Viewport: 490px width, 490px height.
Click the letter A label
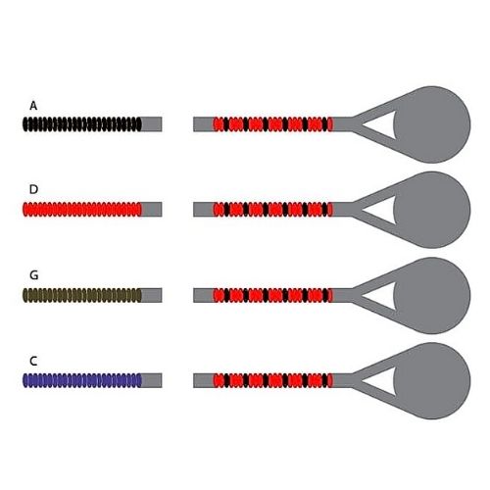click(x=33, y=106)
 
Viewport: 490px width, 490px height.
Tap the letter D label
click(x=33, y=189)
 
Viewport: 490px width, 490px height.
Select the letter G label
click(x=33, y=275)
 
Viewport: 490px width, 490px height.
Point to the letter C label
click(x=33, y=361)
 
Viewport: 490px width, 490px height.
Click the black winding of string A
click(x=82, y=124)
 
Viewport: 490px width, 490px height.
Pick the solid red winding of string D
click(x=82, y=210)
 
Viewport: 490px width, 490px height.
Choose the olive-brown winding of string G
click(x=82, y=295)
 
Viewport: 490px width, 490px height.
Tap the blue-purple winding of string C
click(x=82, y=380)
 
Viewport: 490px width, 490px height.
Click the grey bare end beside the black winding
click(x=152, y=124)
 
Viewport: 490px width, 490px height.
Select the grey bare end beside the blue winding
click(x=152, y=380)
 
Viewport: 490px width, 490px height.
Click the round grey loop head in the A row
click(x=432, y=124)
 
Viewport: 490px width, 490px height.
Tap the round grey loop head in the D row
click(x=432, y=210)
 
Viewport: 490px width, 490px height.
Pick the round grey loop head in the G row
click(x=432, y=296)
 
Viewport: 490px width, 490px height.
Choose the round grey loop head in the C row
click(x=432, y=381)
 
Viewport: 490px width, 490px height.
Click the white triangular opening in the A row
click(x=382, y=124)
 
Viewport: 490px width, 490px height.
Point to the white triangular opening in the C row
click(x=382, y=381)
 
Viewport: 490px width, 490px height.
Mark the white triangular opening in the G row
click(x=382, y=296)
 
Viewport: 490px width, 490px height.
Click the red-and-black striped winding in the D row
click(x=273, y=210)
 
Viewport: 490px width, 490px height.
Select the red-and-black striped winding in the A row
click(x=273, y=124)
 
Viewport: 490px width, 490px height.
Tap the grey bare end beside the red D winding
click(x=152, y=210)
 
